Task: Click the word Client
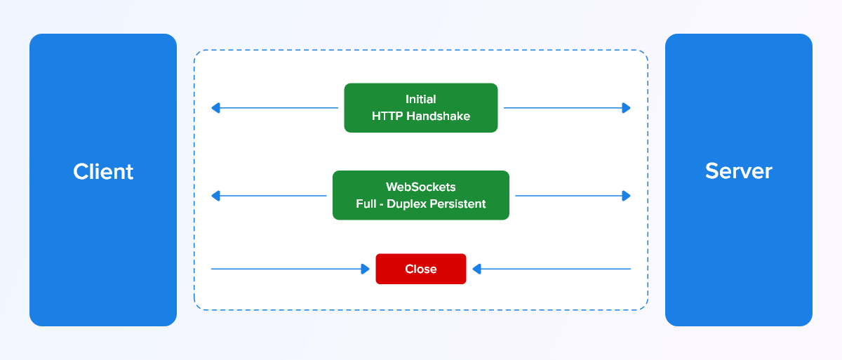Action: pos(103,172)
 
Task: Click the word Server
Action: pos(739,171)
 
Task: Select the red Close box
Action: pos(420,269)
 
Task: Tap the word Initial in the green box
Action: pos(420,99)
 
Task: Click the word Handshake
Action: pos(438,116)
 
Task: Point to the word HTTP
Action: pos(387,116)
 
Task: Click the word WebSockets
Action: pos(420,187)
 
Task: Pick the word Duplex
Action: pos(407,204)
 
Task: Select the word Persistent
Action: pos(457,204)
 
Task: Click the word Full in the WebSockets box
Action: pos(366,204)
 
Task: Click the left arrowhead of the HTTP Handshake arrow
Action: pos(215,108)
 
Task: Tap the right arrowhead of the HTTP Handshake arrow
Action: pos(626,108)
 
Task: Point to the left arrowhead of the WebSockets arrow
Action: pos(215,196)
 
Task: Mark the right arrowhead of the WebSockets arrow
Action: pos(626,196)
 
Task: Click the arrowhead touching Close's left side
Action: pos(365,269)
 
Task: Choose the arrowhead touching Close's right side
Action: pos(476,269)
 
